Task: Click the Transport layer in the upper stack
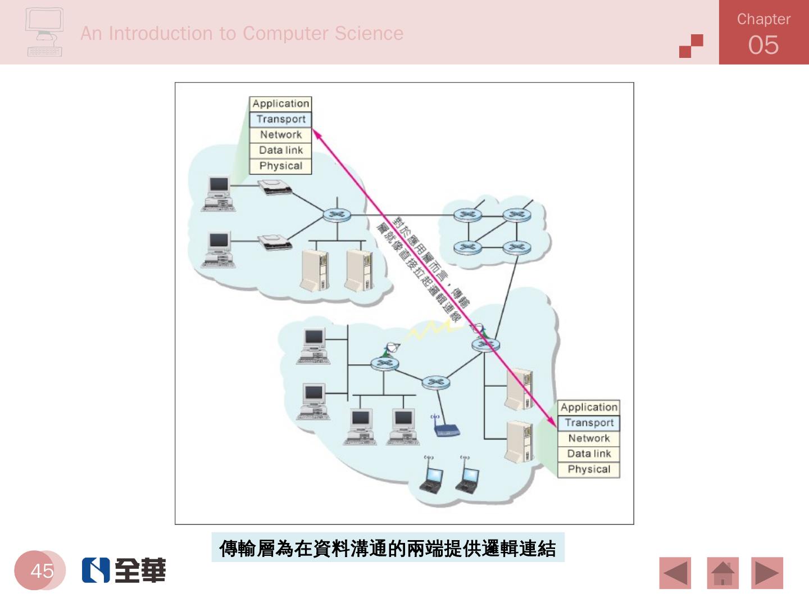(x=280, y=119)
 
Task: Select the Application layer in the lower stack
(x=589, y=407)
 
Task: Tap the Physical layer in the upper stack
(x=280, y=166)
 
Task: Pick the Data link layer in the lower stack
(x=589, y=454)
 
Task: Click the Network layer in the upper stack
(x=280, y=135)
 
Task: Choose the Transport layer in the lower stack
(x=589, y=423)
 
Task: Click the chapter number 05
(x=763, y=45)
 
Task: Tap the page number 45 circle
(x=41, y=570)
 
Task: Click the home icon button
(x=722, y=573)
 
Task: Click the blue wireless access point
(x=447, y=431)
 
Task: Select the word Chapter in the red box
(x=763, y=19)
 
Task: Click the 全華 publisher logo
(x=124, y=570)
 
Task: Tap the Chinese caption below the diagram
(x=388, y=548)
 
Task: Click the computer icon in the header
(x=44, y=32)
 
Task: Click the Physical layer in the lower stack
(x=589, y=469)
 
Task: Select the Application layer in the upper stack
(x=280, y=103)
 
